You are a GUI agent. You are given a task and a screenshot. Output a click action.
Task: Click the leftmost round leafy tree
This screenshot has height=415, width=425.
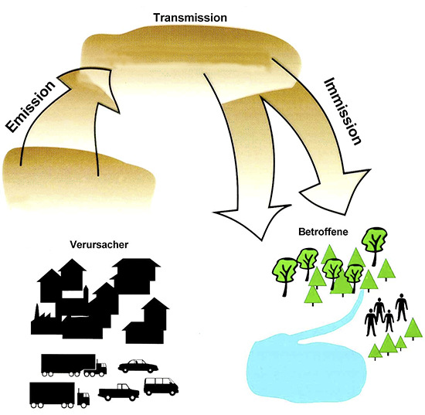(x=283, y=267)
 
